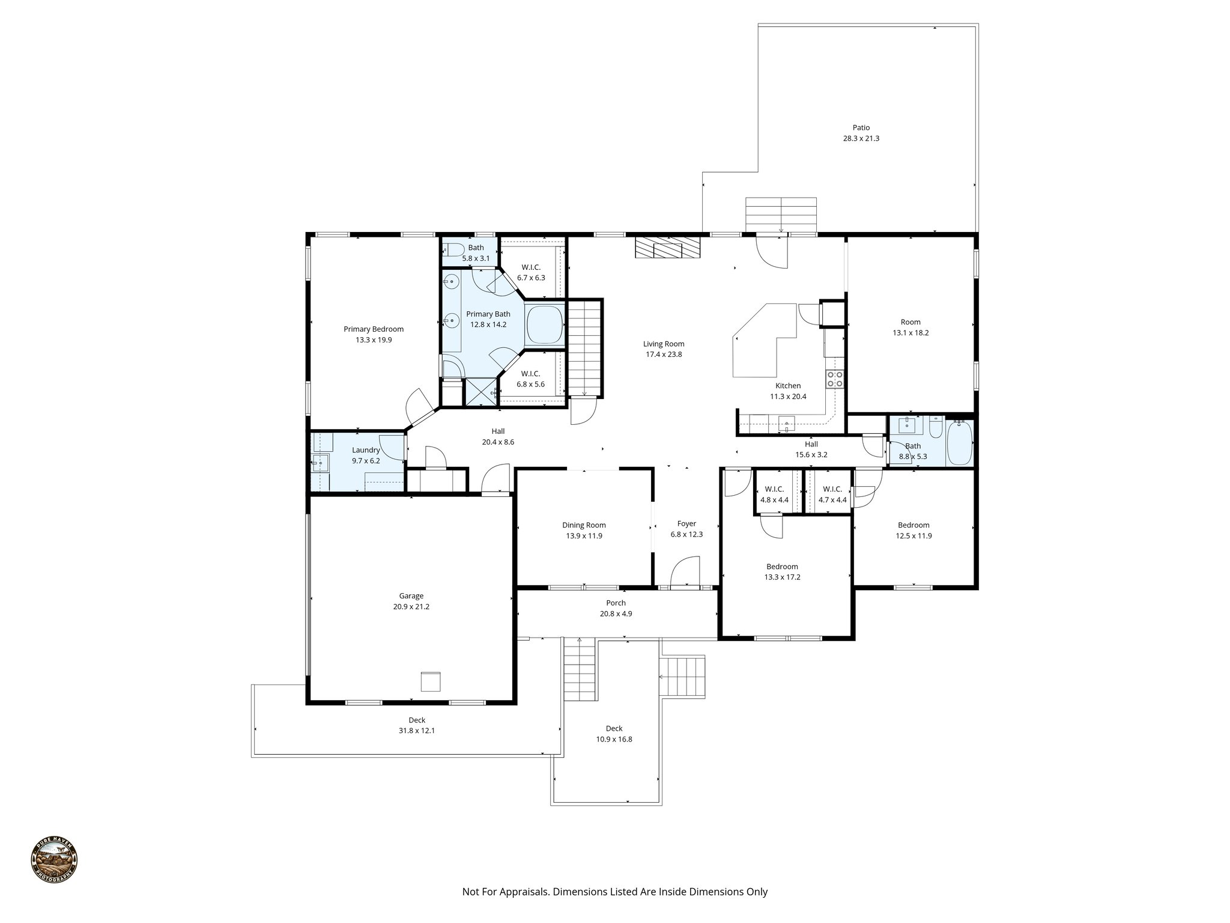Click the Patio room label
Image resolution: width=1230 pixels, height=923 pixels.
(861, 127)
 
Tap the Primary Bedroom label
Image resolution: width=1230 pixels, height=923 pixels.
(374, 329)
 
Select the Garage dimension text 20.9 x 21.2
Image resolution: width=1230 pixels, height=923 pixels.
(411, 607)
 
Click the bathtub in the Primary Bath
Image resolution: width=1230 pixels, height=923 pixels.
(545, 324)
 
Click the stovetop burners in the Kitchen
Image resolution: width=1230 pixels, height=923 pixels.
(835, 379)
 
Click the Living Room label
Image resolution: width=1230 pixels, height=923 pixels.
(664, 344)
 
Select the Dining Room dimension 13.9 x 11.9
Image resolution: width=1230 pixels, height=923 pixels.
(584, 536)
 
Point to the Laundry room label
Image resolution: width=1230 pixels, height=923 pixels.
(366, 450)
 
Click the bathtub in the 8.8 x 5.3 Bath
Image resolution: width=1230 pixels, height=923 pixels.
(959, 443)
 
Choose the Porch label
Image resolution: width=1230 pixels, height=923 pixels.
(616, 603)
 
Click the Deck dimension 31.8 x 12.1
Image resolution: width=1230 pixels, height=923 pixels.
(417, 731)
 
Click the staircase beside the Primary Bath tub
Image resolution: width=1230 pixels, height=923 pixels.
(584, 349)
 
